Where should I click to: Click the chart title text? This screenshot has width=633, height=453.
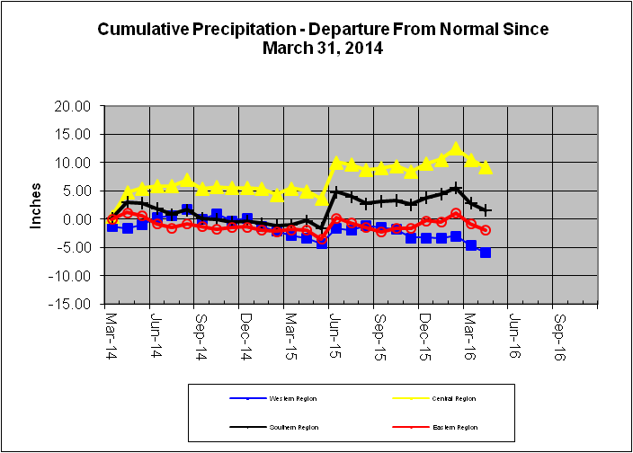[x=323, y=38]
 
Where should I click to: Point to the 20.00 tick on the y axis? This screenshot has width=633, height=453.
[x=74, y=106]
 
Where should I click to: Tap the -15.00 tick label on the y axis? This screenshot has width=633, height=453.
[x=72, y=304]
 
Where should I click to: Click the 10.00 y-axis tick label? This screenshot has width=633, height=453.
[x=74, y=163]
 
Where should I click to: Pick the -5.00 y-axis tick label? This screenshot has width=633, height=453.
[x=75, y=247]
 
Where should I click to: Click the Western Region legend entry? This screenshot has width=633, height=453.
[x=290, y=398]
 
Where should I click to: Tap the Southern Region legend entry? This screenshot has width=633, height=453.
[x=290, y=428]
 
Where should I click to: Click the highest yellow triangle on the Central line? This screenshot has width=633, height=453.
[x=456, y=148]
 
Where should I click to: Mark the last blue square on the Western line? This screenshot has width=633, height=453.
[x=486, y=253]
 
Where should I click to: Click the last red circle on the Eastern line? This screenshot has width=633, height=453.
[x=486, y=230]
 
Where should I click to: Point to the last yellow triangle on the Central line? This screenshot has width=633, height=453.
[x=486, y=167]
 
